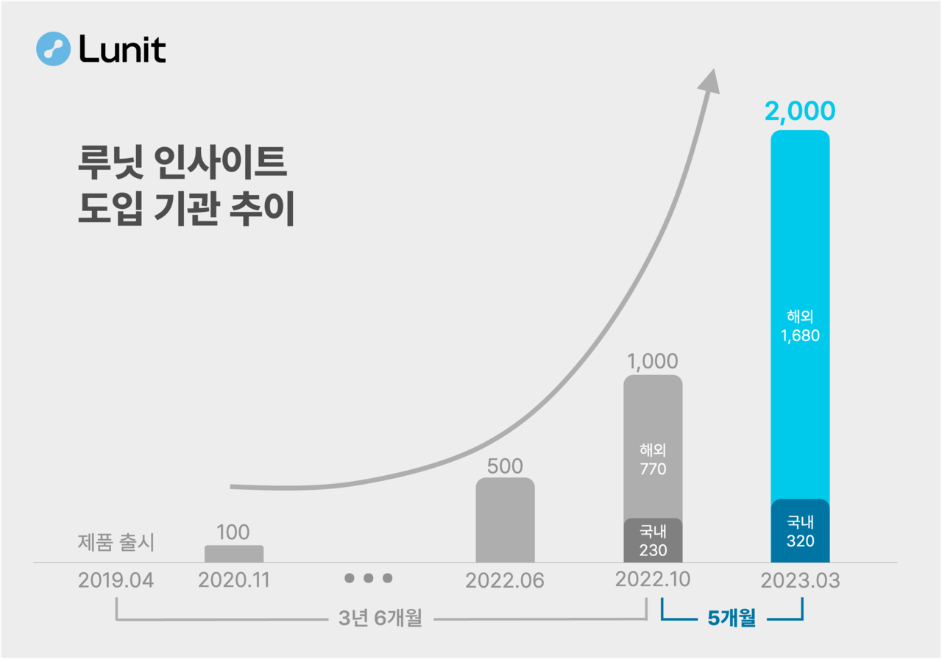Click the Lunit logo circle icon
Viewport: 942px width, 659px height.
[x=52, y=49]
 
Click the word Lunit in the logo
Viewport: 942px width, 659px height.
[x=121, y=49]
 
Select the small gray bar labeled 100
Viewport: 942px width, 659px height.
[x=233, y=554]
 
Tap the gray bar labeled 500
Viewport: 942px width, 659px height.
[x=505, y=521]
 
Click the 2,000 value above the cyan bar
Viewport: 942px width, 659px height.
[x=800, y=111]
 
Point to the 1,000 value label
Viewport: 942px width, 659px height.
[x=652, y=362]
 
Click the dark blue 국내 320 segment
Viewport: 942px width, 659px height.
[x=800, y=532]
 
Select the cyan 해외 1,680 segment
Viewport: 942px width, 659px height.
[x=800, y=324]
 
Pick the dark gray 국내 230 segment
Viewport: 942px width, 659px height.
[x=653, y=541]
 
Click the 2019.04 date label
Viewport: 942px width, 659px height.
[x=116, y=580]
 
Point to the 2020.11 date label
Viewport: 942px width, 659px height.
[x=234, y=580]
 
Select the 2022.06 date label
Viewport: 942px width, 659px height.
[x=505, y=581]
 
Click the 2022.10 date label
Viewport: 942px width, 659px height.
[x=652, y=580]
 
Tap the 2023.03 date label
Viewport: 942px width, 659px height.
[x=800, y=580]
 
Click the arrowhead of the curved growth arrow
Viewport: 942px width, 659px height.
[x=709, y=81]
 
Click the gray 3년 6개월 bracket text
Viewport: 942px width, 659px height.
[x=380, y=619]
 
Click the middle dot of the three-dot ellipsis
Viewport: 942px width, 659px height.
[x=369, y=578]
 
